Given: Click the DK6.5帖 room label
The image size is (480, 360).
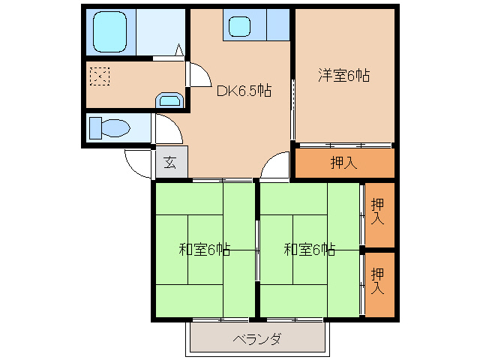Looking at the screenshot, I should pyautogui.click(x=244, y=91).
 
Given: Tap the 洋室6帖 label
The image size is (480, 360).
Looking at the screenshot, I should pyautogui.click(x=344, y=75).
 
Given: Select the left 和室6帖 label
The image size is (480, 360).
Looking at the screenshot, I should pyautogui.click(x=204, y=250).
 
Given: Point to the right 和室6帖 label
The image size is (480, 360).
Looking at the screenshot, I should pyautogui.click(x=309, y=250).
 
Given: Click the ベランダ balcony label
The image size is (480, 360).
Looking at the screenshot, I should pyautogui.click(x=256, y=339).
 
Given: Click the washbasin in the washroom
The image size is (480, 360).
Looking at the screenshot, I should pyautogui.click(x=168, y=100).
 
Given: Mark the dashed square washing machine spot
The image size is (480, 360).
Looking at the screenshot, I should pyautogui.click(x=100, y=76).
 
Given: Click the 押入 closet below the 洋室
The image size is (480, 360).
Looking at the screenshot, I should pyautogui.click(x=343, y=163).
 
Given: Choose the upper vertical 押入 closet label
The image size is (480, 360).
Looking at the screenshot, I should pyautogui.click(x=379, y=211).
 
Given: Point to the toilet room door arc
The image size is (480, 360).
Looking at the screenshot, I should pyautogui.click(x=169, y=128).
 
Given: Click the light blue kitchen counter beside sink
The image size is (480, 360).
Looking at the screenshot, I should pyautogui.click(x=277, y=25).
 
